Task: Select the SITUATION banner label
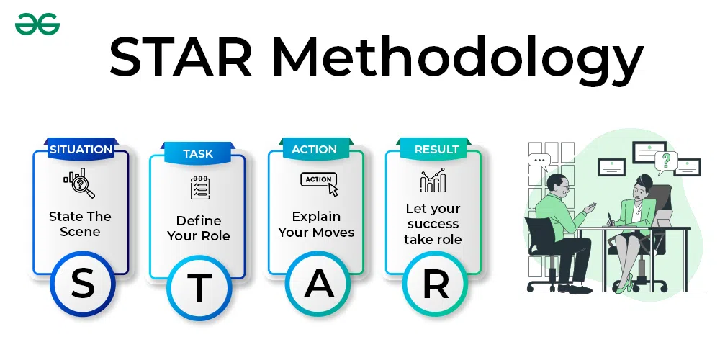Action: tap(81, 150)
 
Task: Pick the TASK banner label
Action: tap(198, 153)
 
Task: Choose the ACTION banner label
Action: tap(314, 150)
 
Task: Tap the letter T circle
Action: tap(199, 288)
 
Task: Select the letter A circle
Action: tap(318, 285)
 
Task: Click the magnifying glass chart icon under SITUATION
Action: tap(79, 182)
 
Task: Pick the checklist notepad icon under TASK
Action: tap(199, 187)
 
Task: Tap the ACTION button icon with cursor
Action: tap(318, 183)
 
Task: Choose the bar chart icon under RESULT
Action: tap(433, 181)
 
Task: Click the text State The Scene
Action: tap(80, 224)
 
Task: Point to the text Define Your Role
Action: tap(198, 228)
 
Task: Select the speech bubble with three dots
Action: tap(538, 161)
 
